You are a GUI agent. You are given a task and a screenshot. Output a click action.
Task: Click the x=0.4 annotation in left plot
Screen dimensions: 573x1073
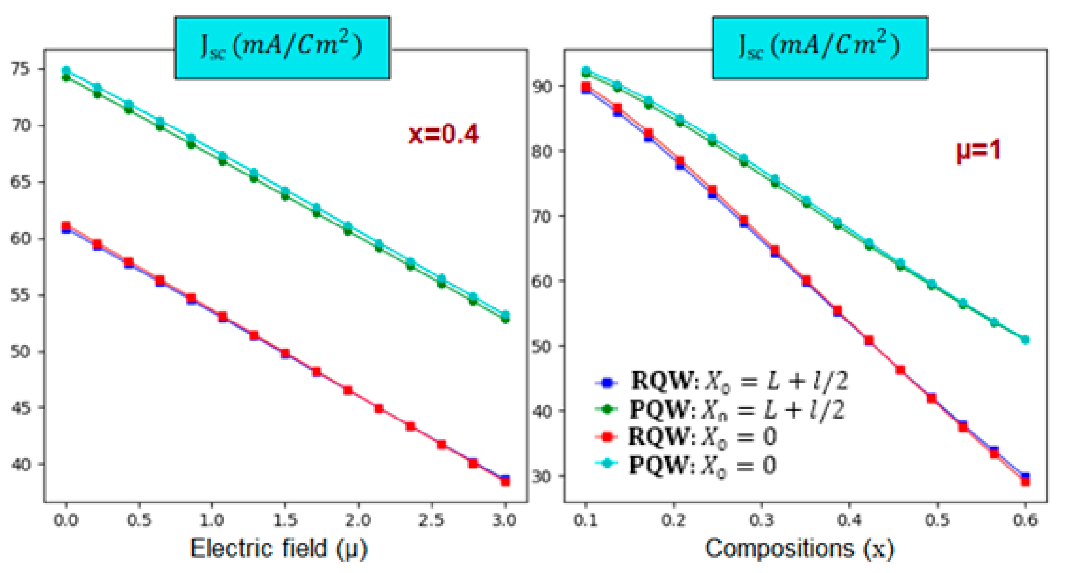[443, 134]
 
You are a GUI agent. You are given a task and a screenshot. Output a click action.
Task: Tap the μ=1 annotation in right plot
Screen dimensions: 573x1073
[978, 151]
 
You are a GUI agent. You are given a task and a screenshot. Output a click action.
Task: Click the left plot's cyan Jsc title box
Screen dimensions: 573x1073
[282, 48]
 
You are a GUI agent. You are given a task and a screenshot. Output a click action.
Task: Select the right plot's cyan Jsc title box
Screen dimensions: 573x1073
[820, 48]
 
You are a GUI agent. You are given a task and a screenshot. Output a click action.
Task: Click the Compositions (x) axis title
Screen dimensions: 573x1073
[799, 548]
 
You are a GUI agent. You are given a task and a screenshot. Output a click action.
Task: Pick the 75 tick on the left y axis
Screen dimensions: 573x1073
[21, 69]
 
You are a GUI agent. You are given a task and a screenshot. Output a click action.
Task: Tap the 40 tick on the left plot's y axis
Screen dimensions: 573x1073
[21, 464]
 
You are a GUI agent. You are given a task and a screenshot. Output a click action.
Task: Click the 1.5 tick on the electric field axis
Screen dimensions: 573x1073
[285, 520]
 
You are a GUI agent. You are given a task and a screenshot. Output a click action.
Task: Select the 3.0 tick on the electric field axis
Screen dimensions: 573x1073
[505, 520]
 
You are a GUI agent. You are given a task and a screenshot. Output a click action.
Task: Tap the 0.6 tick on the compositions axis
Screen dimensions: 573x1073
[1025, 520]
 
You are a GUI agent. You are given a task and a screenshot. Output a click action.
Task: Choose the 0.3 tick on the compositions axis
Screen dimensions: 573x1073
[762, 520]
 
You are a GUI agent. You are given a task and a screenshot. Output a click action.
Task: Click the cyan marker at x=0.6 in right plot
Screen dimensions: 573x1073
[1025, 340]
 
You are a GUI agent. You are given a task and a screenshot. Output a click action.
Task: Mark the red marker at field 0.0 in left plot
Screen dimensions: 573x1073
[66, 226]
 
